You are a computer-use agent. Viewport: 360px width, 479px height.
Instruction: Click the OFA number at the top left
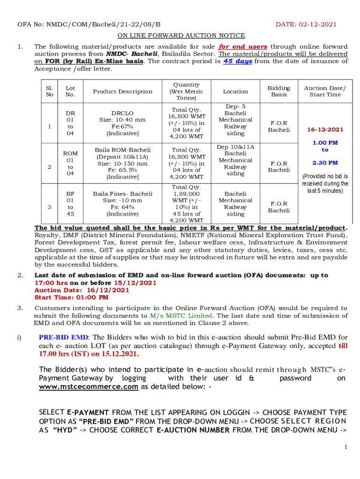pyautogui.click(x=89, y=24)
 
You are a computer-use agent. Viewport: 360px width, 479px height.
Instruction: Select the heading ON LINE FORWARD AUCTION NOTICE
pyautogui.click(x=181, y=36)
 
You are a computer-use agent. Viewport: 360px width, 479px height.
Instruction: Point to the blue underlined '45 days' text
pyautogui.click(x=238, y=61)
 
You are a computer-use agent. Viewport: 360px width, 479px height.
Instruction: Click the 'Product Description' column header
pyautogui.click(x=122, y=91)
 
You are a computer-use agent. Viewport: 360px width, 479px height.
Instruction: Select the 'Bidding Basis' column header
pyautogui.click(x=279, y=91)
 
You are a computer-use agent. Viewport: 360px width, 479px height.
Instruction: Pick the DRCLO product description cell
pyautogui.click(x=122, y=123)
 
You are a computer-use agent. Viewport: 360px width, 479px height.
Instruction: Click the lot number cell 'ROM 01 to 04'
pyautogui.click(x=70, y=163)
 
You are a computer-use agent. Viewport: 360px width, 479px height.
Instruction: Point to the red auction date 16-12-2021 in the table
pyautogui.click(x=325, y=130)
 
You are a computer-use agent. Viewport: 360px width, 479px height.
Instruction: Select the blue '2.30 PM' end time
pyautogui.click(x=325, y=163)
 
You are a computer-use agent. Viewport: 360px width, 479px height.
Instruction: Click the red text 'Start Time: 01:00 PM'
pyautogui.click(x=71, y=297)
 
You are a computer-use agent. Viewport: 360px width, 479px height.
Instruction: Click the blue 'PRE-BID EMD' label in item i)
pyautogui.click(x=63, y=337)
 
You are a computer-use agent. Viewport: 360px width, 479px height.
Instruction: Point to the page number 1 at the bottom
pyautogui.click(x=346, y=448)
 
